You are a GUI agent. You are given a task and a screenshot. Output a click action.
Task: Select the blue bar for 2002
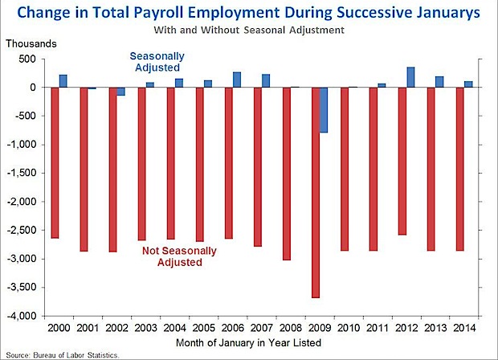point(121,91)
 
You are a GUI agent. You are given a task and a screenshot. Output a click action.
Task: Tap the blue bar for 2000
point(63,80)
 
